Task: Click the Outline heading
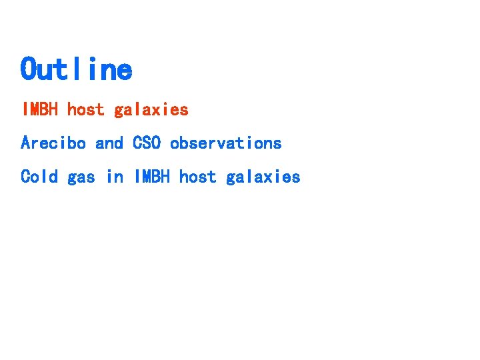click(76, 69)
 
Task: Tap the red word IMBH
click(40, 109)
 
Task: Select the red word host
click(86, 109)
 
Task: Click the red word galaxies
click(151, 110)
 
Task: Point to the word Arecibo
click(53, 143)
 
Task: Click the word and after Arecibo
click(109, 143)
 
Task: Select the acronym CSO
click(147, 143)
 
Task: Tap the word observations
click(225, 143)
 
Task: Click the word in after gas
click(115, 177)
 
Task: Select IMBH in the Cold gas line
click(152, 177)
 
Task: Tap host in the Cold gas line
click(198, 177)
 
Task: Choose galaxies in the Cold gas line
click(263, 177)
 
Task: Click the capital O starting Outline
click(29, 69)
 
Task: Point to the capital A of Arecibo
click(25, 143)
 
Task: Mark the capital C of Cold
click(25, 177)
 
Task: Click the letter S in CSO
click(147, 143)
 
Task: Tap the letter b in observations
click(184, 143)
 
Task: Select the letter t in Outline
click(66, 69)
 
